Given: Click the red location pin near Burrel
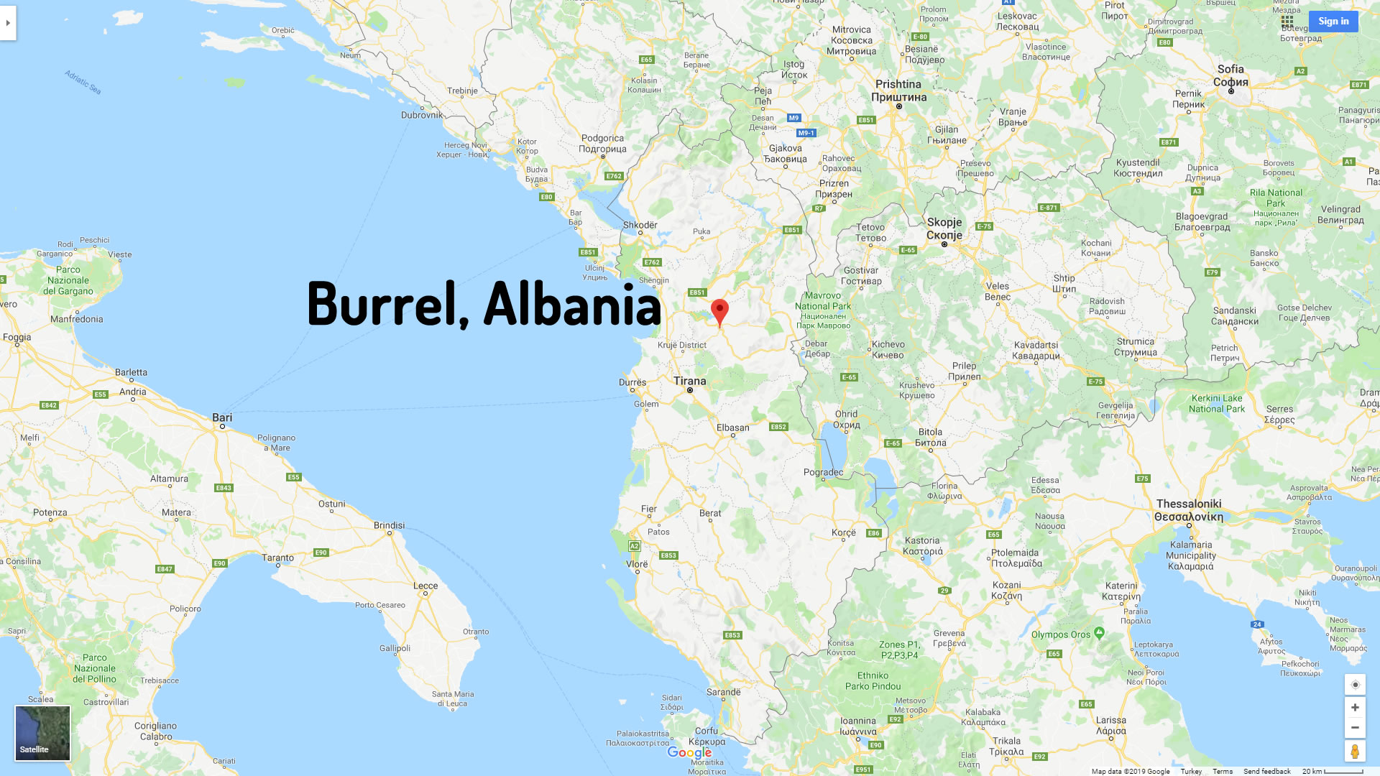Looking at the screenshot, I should [719, 311].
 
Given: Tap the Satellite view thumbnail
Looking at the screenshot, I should [42, 733].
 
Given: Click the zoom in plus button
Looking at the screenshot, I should [1355, 708].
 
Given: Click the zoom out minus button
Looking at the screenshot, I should [1355, 728].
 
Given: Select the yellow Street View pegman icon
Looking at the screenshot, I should [1355, 752].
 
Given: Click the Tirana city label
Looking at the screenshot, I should [689, 381].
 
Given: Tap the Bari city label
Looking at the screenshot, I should [222, 417].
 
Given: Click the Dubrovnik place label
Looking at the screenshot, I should [422, 115].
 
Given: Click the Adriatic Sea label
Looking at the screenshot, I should [83, 82].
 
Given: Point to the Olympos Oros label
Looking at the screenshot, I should [1061, 634].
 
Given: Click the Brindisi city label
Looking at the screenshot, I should [389, 525].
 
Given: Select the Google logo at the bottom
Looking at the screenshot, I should [689, 752].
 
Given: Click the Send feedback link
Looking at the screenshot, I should [1266, 771].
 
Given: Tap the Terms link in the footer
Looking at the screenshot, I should [1222, 771].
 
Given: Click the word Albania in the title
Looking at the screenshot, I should [572, 304].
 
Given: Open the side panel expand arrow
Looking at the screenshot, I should [8, 23].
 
